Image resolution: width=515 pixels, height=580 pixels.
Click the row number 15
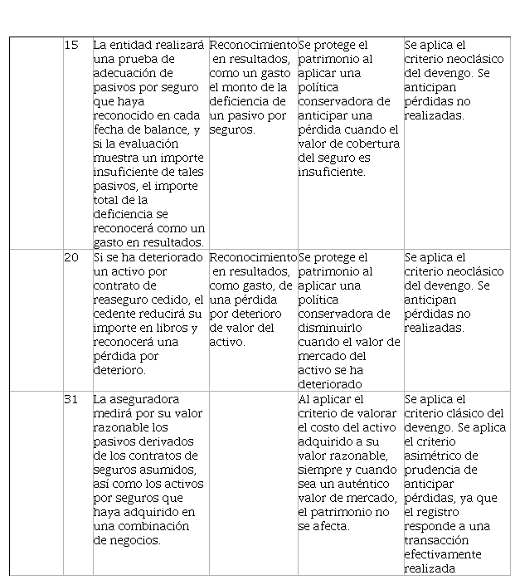(71, 45)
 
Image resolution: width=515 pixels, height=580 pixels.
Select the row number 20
(71, 257)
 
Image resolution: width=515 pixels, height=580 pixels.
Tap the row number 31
(71, 399)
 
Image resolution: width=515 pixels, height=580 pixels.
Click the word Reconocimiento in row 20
(252, 257)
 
